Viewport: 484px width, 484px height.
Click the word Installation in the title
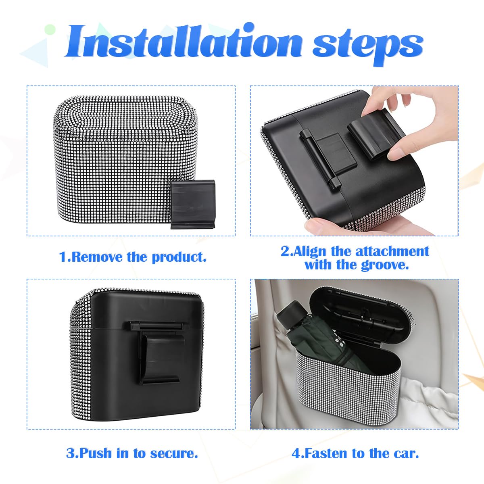[184, 42]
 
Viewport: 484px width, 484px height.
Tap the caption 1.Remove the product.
[133, 257]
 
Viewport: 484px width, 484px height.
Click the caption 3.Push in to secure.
[132, 453]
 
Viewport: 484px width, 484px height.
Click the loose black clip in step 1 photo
[191, 204]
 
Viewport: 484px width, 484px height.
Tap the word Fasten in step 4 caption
[326, 453]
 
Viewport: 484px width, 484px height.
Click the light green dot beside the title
[50, 29]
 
